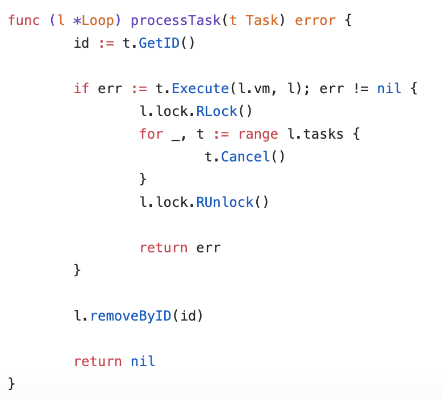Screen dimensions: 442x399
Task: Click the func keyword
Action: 24,20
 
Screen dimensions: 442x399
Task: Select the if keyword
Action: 82,89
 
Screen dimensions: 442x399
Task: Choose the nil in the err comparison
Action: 389,89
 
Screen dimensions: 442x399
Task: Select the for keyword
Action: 151,134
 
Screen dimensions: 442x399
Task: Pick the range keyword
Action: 258,134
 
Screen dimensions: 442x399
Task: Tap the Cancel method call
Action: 245,157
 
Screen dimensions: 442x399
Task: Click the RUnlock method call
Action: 225,202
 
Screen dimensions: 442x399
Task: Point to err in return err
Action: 209,248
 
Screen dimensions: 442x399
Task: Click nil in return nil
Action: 143,361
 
